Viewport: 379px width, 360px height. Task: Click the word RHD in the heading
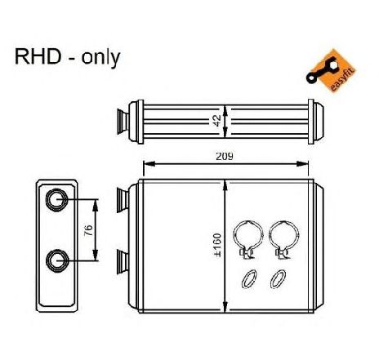tap(38, 56)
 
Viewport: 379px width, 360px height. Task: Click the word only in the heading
tap(100, 58)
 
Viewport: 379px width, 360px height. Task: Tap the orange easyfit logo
tap(330, 71)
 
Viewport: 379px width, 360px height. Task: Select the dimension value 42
tap(217, 121)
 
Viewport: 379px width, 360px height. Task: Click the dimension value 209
tap(225, 157)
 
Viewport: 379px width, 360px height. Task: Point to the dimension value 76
tap(88, 230)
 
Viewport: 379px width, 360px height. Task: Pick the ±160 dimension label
tap(217, 245)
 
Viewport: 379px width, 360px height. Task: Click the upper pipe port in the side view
tap(56, 200)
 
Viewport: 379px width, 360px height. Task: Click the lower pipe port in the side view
tap(57, 260)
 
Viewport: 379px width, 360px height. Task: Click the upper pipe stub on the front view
tap(123, 200)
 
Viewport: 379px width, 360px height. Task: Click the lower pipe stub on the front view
tap(123, 262)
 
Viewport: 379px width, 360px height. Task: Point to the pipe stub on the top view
tap(123, 122)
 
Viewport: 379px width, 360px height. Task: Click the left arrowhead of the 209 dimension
tap(149, 164)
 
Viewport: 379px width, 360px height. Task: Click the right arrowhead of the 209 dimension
tap(302, 164)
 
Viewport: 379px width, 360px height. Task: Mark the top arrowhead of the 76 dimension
tap(96, 206)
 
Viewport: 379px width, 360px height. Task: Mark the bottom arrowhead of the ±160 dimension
tap(225, 306)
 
